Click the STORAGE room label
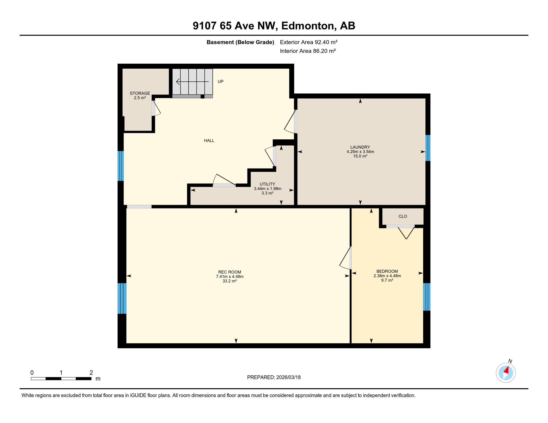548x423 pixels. click(140, 93)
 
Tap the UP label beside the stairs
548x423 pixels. click(221, 82)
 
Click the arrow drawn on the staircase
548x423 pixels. click(192, 82)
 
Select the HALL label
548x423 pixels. click(209, 141)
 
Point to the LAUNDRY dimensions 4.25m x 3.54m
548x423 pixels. click(360, 152)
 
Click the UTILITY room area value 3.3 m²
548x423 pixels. click(267, 193)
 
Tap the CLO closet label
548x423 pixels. click(403, 216)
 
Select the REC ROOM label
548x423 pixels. click(229, 272)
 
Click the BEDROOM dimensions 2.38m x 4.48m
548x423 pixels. click(387, 276)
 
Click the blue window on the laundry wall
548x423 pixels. click(428, 148)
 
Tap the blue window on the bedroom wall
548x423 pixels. click(426, 297)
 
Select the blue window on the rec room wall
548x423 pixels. click(122, 299)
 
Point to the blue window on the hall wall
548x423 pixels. click(120, 166)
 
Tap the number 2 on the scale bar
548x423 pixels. click(91, 373)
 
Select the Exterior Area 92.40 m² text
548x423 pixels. click(308, 42)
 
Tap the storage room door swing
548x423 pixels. click(156, 109)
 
